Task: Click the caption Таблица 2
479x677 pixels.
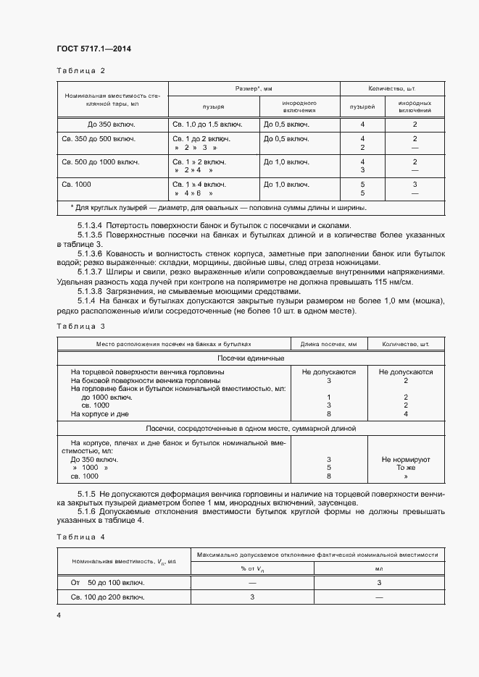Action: (80, 70)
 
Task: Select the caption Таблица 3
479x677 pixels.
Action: (80, 327)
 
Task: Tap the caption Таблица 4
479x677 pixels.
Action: (80, 537)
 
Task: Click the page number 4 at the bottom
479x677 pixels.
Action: (59, 615)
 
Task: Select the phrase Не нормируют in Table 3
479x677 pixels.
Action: (405, 459)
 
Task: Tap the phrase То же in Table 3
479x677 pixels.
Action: (406, 468)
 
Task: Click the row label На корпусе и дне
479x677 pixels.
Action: (99, 413)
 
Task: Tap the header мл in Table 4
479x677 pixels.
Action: (379, 568)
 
